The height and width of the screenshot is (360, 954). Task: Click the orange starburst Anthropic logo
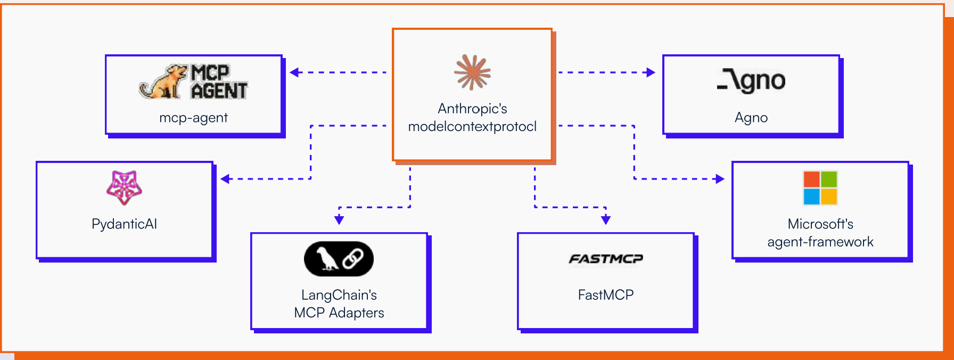472,72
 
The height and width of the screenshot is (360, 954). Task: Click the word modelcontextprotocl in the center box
472,127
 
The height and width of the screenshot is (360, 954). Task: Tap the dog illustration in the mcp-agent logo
163,83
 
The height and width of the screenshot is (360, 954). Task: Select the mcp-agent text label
193,118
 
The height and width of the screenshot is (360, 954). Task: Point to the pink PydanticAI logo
124,187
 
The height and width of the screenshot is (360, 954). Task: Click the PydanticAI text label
124,224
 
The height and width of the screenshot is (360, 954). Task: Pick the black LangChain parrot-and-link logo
339,259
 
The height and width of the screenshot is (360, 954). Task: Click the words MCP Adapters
339,313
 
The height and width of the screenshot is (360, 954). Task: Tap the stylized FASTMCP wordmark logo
606,259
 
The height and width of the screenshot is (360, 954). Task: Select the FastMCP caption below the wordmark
606,295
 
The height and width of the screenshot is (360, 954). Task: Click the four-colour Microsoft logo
820,187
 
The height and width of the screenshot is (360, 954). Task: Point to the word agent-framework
820,242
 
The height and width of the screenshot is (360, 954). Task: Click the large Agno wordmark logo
751,81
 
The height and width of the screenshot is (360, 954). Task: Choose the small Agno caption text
751,118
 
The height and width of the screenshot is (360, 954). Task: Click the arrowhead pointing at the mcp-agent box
294,72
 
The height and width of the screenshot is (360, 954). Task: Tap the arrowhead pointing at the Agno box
651,72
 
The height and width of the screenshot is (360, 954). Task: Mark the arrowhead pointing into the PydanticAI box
225,179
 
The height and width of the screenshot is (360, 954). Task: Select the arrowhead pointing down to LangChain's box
339,220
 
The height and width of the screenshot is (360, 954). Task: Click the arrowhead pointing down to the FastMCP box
606,220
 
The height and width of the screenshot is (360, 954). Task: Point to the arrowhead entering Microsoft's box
720,179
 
